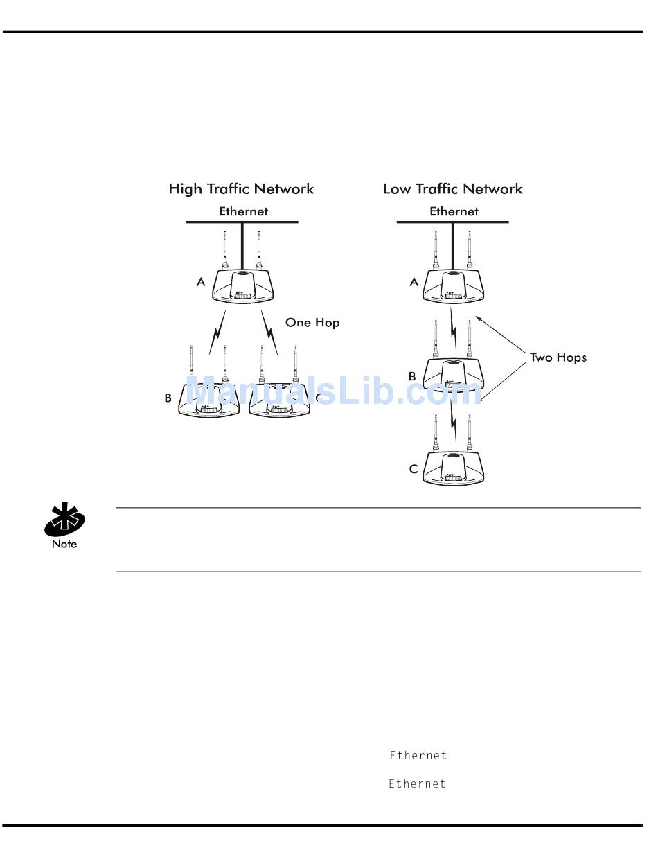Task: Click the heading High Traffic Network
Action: tap(241, 188)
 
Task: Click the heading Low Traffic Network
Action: tap(453, 188)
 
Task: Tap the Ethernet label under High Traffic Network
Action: tap(243, 211)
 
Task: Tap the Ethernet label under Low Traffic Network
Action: tap(454, 211)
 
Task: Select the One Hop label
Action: tap(312, 322)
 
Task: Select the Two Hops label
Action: tap(558, 357)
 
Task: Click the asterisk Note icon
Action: tap(64, 522)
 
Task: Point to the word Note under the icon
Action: tap(64, 544)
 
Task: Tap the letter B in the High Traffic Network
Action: tap(168, 398)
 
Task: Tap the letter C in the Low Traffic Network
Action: tap(414, 469)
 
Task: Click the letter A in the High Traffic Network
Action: tap(201, 282)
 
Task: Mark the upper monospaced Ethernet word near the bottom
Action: tap(418, 755)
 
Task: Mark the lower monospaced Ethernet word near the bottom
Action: tap(417, 784)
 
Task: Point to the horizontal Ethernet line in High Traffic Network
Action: tap(208, 222)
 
